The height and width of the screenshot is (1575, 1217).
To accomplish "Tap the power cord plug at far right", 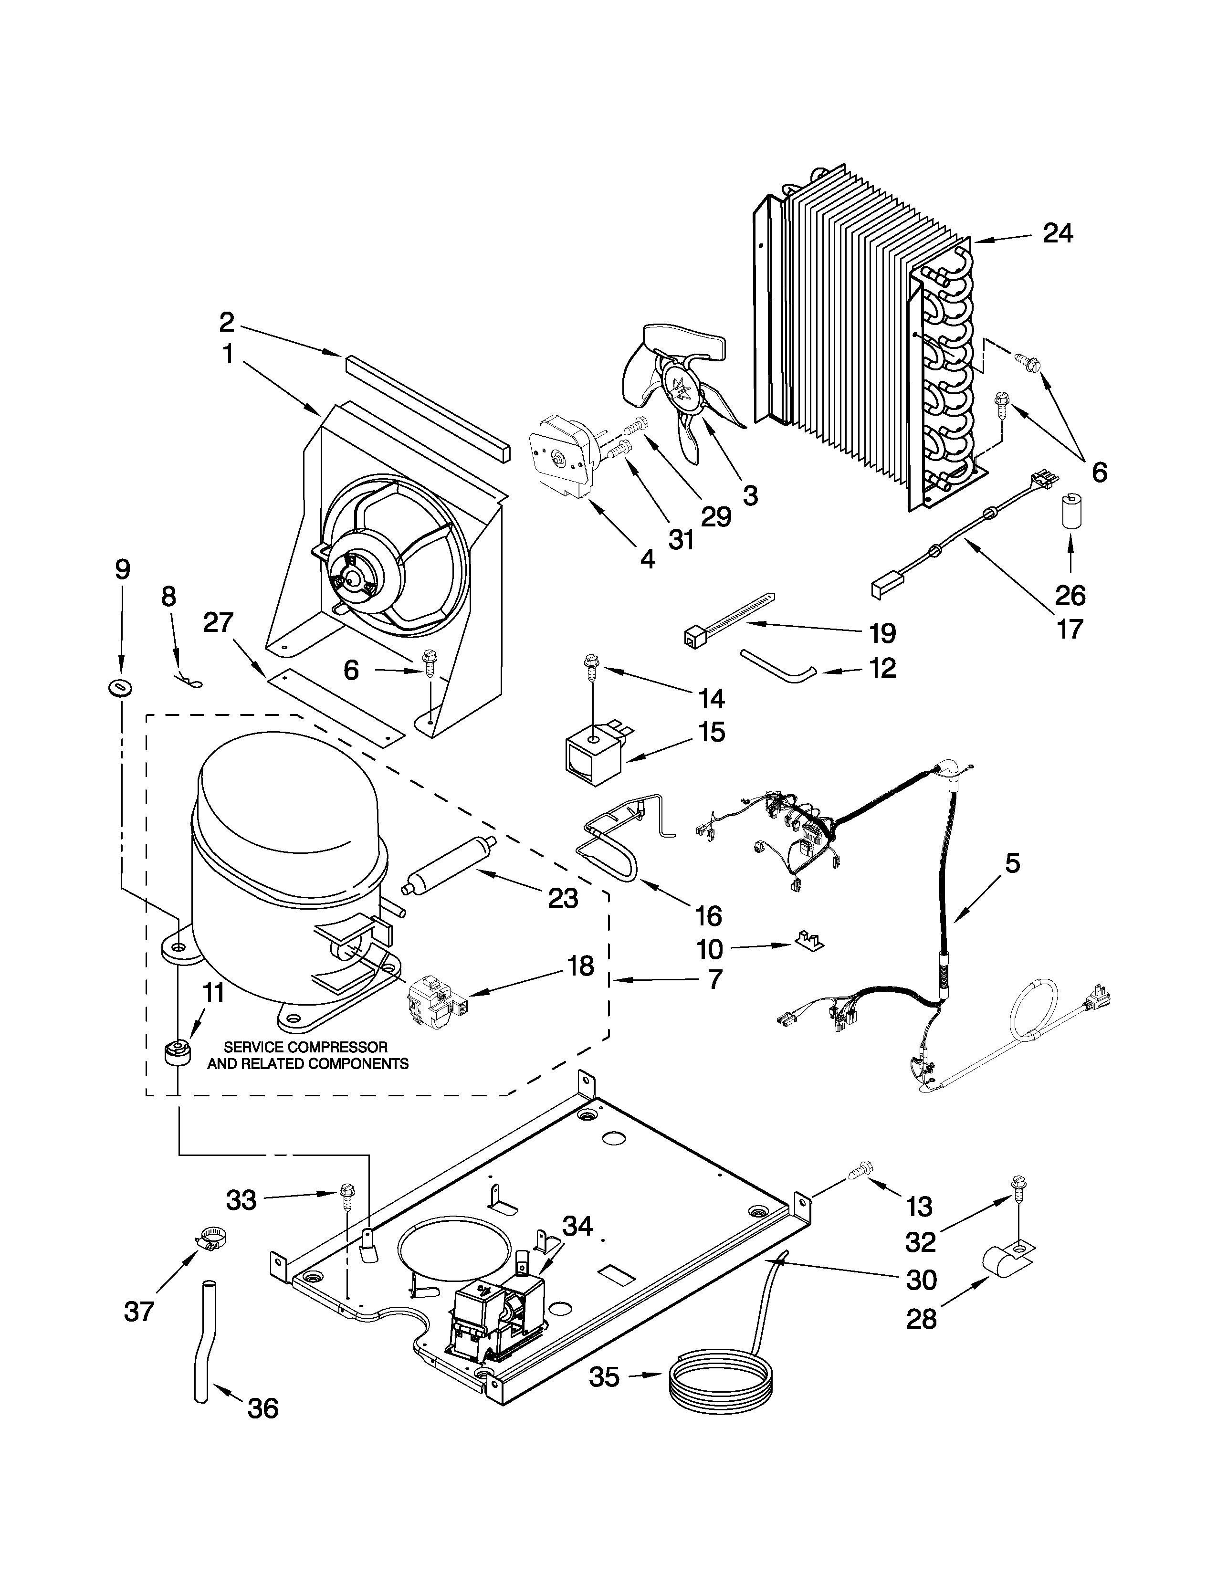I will (1100, 999).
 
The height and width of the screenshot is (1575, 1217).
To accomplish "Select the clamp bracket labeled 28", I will (1007, 1262).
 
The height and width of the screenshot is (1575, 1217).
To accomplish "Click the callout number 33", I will (241, 1201).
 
